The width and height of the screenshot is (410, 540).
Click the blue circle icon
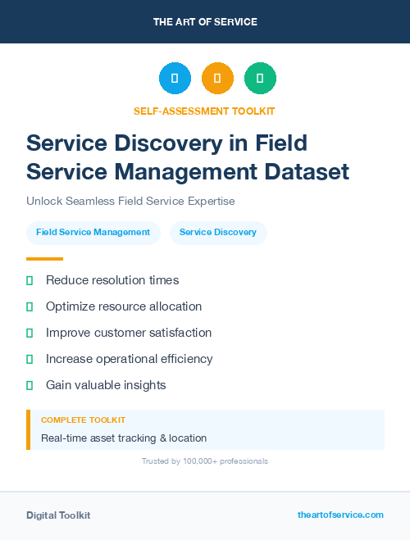point(175,78)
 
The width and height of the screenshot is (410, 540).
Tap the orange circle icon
point(217,78)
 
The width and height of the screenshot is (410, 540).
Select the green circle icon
point(260,78)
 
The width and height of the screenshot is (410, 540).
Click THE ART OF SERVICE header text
point(205,21)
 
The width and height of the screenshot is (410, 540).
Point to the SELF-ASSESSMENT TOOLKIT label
point(204,111)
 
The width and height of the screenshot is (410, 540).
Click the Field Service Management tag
point(93,232)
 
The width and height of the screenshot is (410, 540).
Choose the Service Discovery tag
point(218,232)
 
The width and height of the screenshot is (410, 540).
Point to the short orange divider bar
point(44,259)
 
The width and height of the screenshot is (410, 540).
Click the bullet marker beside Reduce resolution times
point(30,280)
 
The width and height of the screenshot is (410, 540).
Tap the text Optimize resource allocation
point(124,306)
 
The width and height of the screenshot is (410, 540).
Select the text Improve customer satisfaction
point(129,333)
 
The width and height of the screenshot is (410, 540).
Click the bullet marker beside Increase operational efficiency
point(30,359)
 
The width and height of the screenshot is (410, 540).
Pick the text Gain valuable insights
point(106,385)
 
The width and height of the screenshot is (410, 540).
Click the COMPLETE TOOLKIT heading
point(83,420)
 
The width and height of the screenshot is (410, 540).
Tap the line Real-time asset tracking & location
point(124,438)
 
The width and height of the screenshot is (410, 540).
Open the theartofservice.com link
point(340,515)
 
